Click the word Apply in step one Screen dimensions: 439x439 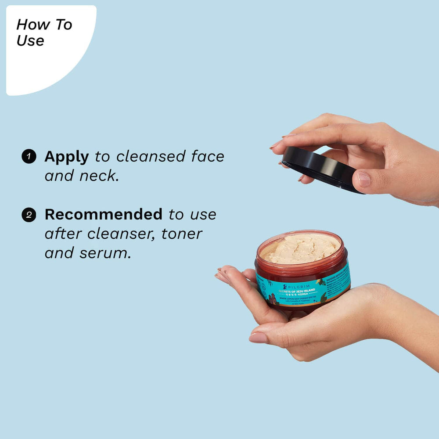pyautogui.click(x=67, y=157)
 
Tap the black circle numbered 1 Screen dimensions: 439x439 pyautogui.click(x=29, y=156)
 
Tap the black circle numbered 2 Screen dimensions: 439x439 pyautogui.click(x=29, y=215)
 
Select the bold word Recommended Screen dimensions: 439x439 pyautogui.click(x=104, y=214)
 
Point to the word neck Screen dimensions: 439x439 pyautogui.click(x=99, y=176)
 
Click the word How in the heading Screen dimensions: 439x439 pyautogui.click(x=33, y=25)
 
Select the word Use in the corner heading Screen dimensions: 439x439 pyautogui.click(x=30, y=40)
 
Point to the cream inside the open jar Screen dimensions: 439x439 pyautogui.click(x=301, y=248)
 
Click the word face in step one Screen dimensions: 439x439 pyautogui.click(x=208, y=156)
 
